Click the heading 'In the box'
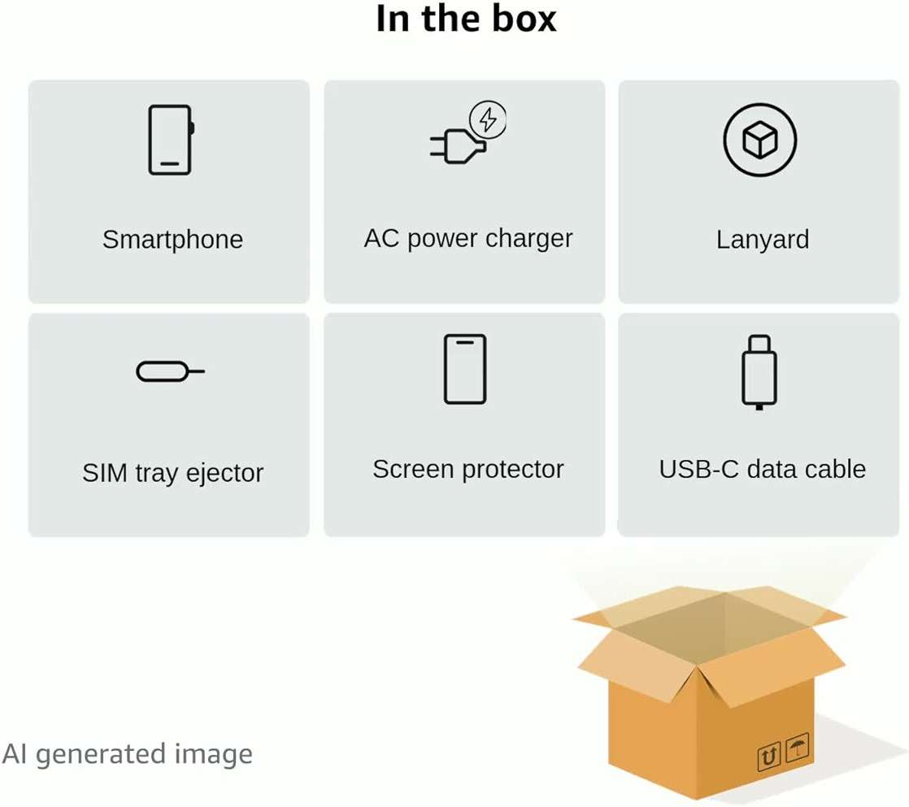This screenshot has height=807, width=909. click(466, 19)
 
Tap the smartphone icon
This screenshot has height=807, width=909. click(171, 140)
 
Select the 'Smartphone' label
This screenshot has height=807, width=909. click(172, 240)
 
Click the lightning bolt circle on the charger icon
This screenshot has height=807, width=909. click(488, 120)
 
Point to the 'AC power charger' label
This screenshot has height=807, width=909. click(468, 239)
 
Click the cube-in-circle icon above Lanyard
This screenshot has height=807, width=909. click(760, 140)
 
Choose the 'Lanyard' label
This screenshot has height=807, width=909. click(763, 240)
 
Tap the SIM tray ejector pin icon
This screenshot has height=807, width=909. click(170, 371)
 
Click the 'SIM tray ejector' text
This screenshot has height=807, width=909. click(172, 473)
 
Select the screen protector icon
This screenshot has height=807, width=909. click(465, 369)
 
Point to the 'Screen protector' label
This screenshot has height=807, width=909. click(468, 469)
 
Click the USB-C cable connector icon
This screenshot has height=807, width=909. click(759, 372)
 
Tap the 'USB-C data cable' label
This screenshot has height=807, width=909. click(763, 469)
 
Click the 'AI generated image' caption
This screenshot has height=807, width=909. click(128, 754)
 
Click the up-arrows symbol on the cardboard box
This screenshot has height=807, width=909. click(769, 757)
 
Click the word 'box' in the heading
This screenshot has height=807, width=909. click(524, 19)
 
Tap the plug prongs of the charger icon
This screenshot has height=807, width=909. click(437, 146)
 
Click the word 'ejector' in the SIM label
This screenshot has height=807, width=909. click(225, 474)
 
